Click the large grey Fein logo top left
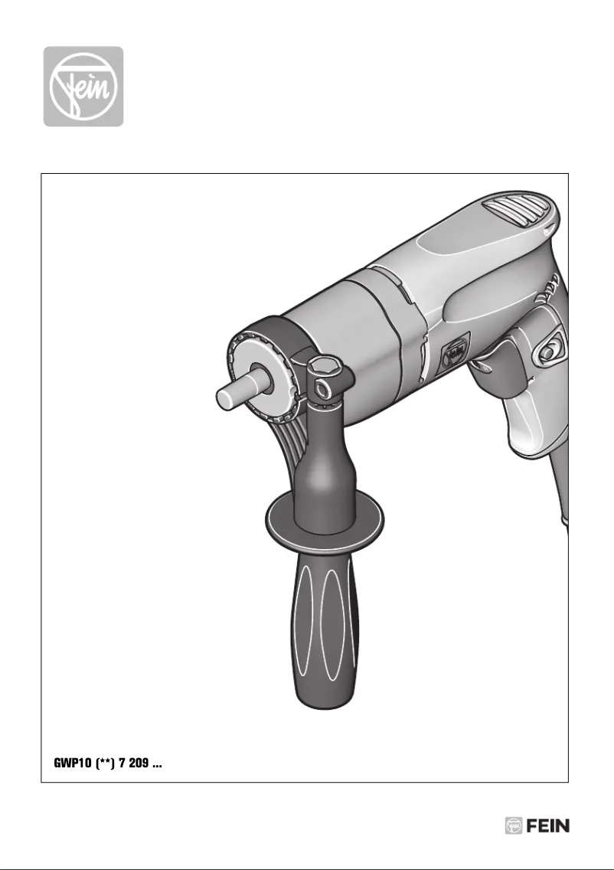83,87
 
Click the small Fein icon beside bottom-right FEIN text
514,826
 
